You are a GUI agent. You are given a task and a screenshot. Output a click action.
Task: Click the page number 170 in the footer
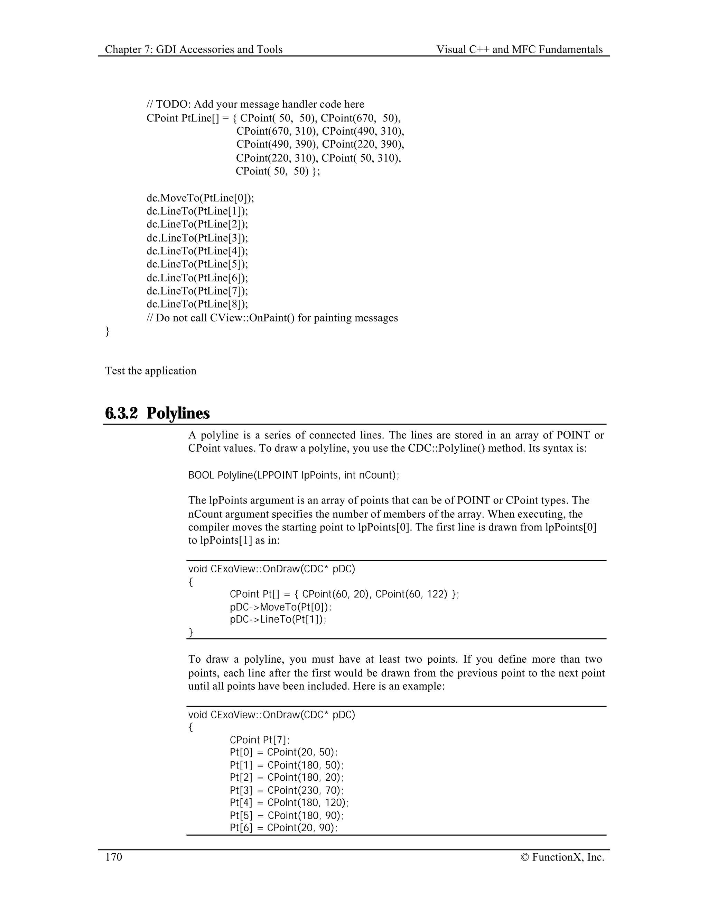(114, 857)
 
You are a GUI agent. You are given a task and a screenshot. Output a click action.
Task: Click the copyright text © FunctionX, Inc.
(562, 857)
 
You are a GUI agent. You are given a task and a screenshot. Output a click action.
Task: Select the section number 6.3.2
(121, 413)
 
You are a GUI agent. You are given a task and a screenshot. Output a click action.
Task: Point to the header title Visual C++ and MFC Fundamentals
(519, 49)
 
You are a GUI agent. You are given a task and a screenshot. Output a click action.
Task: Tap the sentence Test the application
(151, 371)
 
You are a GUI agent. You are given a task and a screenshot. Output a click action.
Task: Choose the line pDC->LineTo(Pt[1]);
(278, 619)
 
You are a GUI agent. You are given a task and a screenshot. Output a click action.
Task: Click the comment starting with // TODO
(255, 104)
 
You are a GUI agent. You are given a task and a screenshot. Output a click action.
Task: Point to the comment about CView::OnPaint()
(272, 318)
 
